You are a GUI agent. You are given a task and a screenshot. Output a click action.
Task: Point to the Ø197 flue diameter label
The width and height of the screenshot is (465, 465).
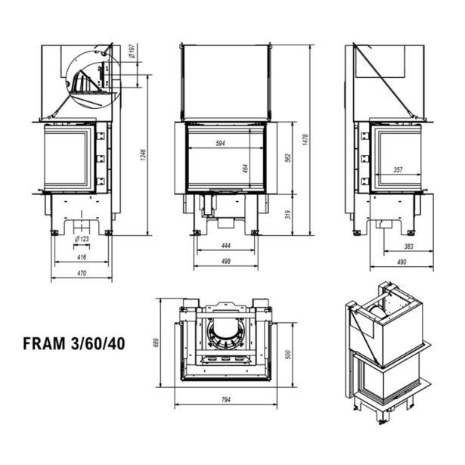click(132, 52)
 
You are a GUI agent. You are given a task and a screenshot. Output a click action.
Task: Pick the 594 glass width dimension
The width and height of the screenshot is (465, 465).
click(221, 143)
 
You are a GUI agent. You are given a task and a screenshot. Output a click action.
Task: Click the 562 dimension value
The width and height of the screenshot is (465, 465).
click(287, 157)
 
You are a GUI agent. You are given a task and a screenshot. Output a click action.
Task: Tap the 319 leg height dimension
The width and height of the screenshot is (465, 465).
click(287, 215)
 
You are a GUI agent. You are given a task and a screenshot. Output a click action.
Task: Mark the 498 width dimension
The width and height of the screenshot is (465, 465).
click(225, 261)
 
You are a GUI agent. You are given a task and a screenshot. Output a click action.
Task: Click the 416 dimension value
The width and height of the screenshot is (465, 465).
click(82, 258)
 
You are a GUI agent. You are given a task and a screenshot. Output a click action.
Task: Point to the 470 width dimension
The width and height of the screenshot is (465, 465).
click(82, 274)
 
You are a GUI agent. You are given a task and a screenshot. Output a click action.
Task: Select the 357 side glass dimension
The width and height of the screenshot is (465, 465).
click(398, 170)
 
